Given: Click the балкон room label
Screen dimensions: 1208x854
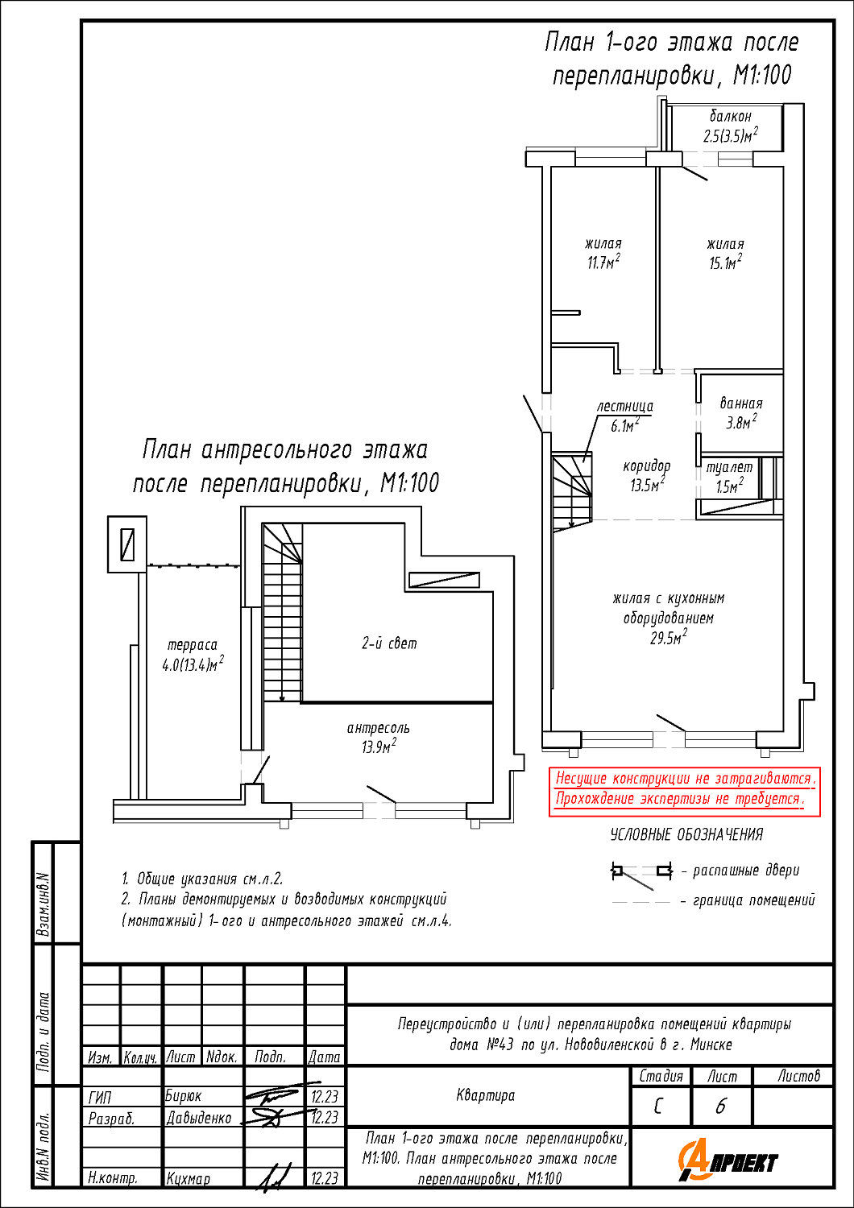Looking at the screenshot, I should [730, 117].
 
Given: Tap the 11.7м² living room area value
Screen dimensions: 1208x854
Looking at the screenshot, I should [603, 263].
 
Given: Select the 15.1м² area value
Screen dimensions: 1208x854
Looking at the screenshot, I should [725, 263].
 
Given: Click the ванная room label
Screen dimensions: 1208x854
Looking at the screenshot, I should [740, 403].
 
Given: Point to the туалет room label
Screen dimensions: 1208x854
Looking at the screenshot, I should [729, 467].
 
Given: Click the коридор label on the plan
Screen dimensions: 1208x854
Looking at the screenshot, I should [646, 466].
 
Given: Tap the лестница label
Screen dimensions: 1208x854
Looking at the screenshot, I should [625, 407].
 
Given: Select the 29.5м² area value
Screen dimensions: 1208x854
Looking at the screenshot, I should [669, 639].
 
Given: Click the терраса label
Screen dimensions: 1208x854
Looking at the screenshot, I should [192, 645].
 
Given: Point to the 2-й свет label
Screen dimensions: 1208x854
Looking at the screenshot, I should [389, 643].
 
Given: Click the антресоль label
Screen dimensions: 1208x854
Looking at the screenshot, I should [378, 728].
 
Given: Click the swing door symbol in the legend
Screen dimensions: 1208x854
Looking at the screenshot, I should [641, 872].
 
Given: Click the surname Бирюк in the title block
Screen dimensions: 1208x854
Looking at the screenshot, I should [183, 1096].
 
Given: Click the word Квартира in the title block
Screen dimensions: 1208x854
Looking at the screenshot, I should [485, 1095].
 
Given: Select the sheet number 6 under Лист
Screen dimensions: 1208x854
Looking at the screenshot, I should [721, 1107].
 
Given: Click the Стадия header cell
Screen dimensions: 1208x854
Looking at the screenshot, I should [661, 1076].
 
